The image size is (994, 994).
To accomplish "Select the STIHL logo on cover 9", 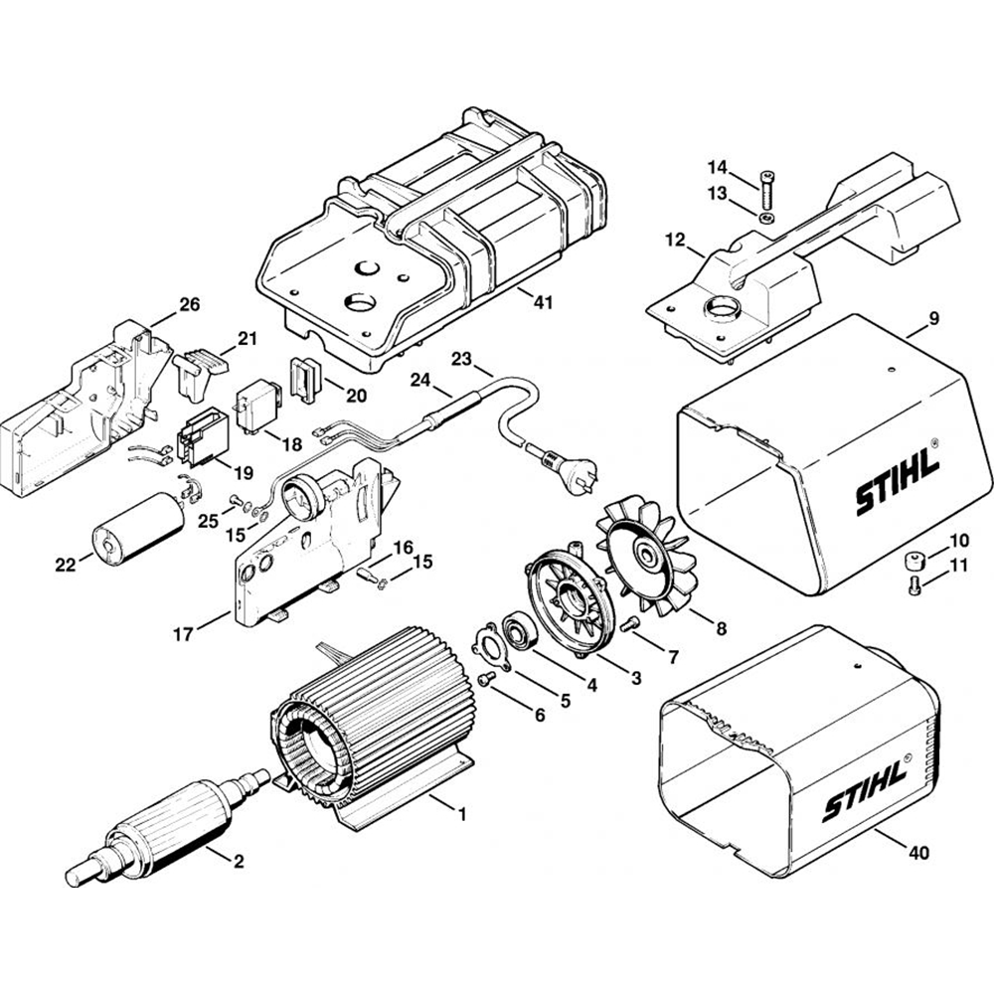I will (x=896, y=489).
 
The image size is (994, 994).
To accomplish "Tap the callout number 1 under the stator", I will (x=461, y=813).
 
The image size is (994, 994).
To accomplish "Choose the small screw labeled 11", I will (x=915, y=587).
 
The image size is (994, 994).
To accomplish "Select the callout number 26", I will (x=190, y=304).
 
